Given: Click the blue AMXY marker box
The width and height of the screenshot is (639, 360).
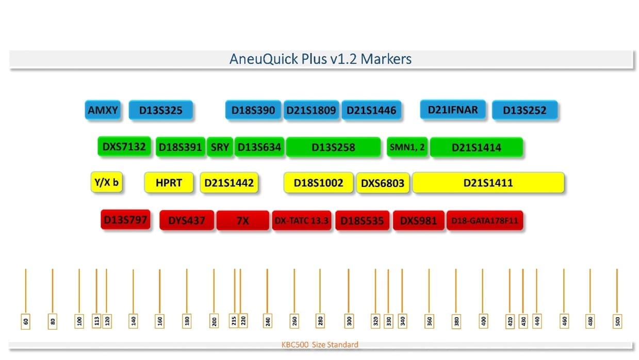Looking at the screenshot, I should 103,110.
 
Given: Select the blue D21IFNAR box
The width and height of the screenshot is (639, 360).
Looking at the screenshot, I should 452,109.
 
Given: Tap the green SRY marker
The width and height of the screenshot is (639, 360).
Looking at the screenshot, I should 220,147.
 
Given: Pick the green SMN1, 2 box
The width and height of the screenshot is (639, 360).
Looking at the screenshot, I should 407,147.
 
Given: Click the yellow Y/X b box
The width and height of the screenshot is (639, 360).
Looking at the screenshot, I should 107,182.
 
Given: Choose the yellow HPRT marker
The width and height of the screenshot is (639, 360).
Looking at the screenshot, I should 169,183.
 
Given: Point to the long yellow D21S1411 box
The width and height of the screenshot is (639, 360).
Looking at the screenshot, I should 488,183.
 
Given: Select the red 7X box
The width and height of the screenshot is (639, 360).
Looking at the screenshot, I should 242,221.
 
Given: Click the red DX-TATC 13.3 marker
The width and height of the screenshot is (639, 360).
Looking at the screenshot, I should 301,221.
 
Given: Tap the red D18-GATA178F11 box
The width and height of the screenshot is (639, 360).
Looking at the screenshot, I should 484,221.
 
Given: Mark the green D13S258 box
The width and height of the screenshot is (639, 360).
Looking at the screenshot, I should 333,147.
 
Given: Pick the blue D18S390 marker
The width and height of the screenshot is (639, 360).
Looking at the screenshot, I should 253,110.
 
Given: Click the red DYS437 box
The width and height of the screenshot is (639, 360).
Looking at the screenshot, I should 187,221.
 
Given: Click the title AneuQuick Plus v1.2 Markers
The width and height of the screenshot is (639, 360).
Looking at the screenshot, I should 320,59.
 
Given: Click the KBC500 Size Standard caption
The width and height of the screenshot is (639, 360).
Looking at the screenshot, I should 319,345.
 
